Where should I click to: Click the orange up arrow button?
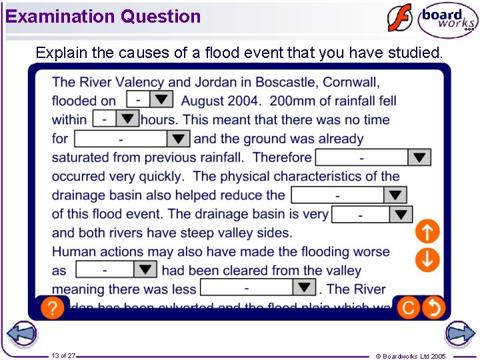click(x=427, y=232)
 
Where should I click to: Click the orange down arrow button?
click(x=427, y=259)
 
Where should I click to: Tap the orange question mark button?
click(x=53, y=307)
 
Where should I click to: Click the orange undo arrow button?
click(x=433, y=307)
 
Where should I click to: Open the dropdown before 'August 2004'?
click(x=149, y=99)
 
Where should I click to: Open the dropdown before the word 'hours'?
click(x=115, y=119)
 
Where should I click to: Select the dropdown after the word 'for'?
click(x=132, y=139)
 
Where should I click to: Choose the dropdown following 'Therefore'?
click(x=373, y=157)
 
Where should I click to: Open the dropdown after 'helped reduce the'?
click(x=349, y=195)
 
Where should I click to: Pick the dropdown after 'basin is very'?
click(x=371, y=215)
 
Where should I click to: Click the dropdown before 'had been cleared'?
click(x=116, y=269)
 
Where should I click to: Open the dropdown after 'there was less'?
click(x=257, y=287)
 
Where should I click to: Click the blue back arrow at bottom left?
click(x=21, y=334)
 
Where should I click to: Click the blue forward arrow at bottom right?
click(x=460, y=334)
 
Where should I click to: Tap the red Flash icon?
click(x=400, y=18)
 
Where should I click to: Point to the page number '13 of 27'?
click(x=63, y=356)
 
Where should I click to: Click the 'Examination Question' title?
click(x=103, y=16)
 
